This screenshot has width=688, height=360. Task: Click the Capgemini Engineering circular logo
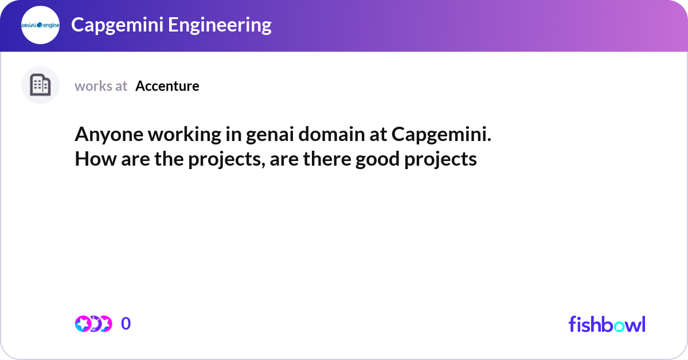pos(40,25)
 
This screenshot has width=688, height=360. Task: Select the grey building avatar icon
pos(40,85)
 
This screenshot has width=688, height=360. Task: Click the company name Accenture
pos(167,86)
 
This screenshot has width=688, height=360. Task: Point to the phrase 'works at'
pos(101,86)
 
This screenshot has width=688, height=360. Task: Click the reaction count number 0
pos(126,324)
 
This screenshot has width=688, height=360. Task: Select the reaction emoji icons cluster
pos(93,324)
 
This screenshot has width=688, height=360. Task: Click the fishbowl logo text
pos(607,324)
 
